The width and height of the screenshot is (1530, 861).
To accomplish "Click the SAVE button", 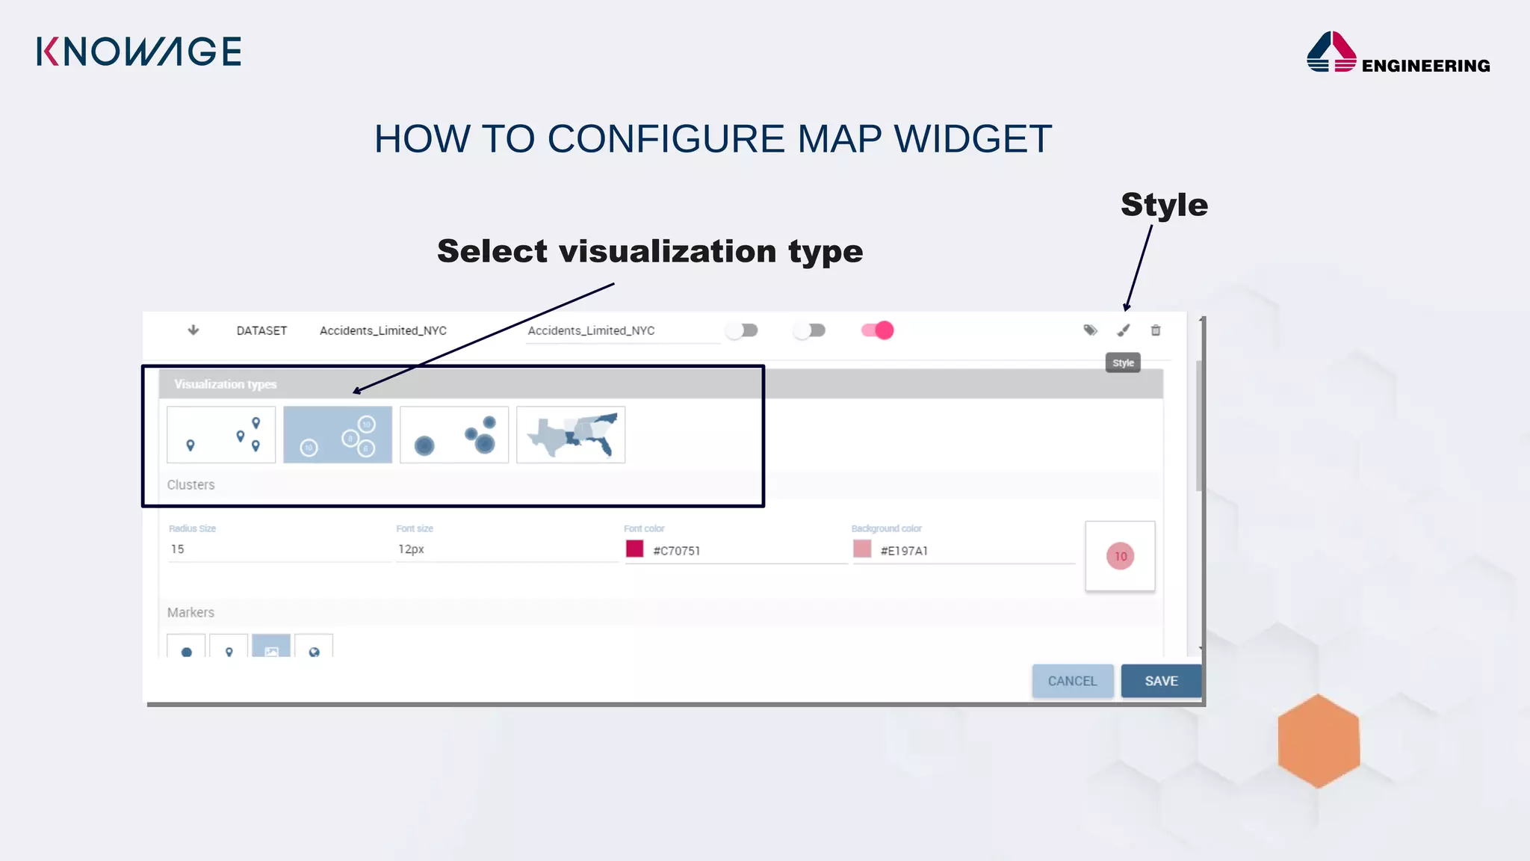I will (1161, 681).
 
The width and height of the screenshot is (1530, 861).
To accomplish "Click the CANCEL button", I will (1072, 681).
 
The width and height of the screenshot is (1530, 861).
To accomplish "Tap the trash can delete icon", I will (1156, 330).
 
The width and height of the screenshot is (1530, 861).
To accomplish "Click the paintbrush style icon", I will (1124, 330).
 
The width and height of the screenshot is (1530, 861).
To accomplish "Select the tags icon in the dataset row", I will (1090, 330).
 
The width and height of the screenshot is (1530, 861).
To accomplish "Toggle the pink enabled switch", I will (878, 330).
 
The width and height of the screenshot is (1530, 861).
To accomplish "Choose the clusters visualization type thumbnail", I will (338, 435).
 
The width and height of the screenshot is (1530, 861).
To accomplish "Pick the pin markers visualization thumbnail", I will (221, 435).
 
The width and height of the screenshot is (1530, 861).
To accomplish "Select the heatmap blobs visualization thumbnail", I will (454, 435).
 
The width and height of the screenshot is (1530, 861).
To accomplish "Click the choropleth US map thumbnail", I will (571, 435).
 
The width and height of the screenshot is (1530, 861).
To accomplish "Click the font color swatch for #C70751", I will (635, 549).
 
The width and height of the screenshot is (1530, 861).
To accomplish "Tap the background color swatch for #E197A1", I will (862, 549).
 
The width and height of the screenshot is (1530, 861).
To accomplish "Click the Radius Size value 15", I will (178, 549).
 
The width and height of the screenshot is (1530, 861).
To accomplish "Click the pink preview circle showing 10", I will (1120, 556).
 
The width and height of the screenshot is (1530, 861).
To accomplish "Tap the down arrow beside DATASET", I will (193, 330).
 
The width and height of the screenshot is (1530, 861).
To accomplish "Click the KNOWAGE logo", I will (139, 52).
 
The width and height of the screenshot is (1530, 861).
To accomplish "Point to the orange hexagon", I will (1319, 741).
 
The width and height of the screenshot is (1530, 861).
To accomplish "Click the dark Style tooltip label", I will (1123, 363).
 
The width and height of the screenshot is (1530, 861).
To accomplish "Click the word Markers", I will (191, 613).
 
